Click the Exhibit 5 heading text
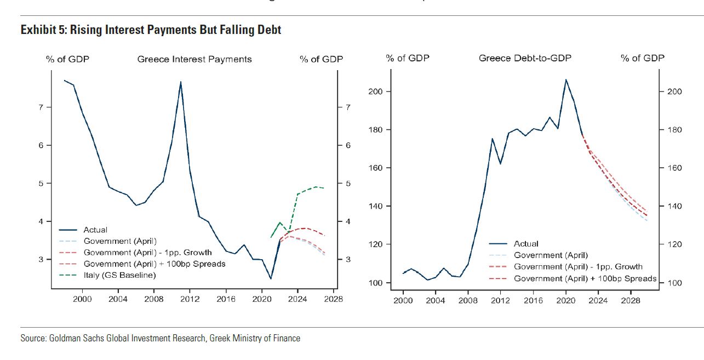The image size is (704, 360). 151,30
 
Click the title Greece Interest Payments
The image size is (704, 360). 194,59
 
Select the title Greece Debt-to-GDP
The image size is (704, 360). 525,58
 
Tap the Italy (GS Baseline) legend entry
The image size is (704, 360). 119,275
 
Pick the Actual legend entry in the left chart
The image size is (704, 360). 95,230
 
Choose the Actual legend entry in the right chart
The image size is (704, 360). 526,244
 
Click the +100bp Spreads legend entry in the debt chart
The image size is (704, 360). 585,279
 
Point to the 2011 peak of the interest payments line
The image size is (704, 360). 181,82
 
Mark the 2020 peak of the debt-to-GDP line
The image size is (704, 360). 566,79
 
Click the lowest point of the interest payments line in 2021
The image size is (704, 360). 271,279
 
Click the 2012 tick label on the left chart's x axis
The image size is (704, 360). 190,299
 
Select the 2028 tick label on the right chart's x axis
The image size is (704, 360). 631,301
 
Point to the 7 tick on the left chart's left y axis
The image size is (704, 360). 41,107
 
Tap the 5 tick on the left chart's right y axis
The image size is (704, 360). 347,184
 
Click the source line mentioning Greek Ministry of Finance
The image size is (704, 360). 160,338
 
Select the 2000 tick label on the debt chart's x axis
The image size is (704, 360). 403,301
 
